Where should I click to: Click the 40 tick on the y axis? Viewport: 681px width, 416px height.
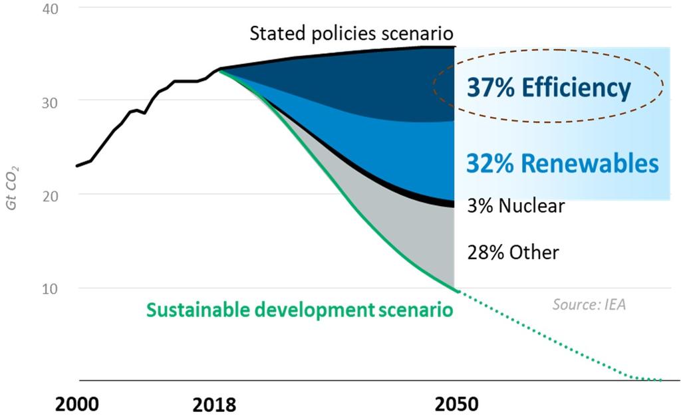(51, 9)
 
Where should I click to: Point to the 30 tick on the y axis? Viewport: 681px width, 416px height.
(51, 101)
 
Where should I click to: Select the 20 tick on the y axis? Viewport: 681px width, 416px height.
(51, 195)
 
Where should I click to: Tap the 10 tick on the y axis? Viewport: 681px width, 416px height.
(51, 288)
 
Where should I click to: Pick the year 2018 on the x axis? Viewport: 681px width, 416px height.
(213, 403)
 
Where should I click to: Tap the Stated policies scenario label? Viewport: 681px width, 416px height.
(351, 33)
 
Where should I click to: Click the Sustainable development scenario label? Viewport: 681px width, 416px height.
(299, 310)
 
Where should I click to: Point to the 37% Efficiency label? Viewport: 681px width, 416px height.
(548, 87)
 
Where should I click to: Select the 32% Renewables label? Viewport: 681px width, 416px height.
(562, 163)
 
